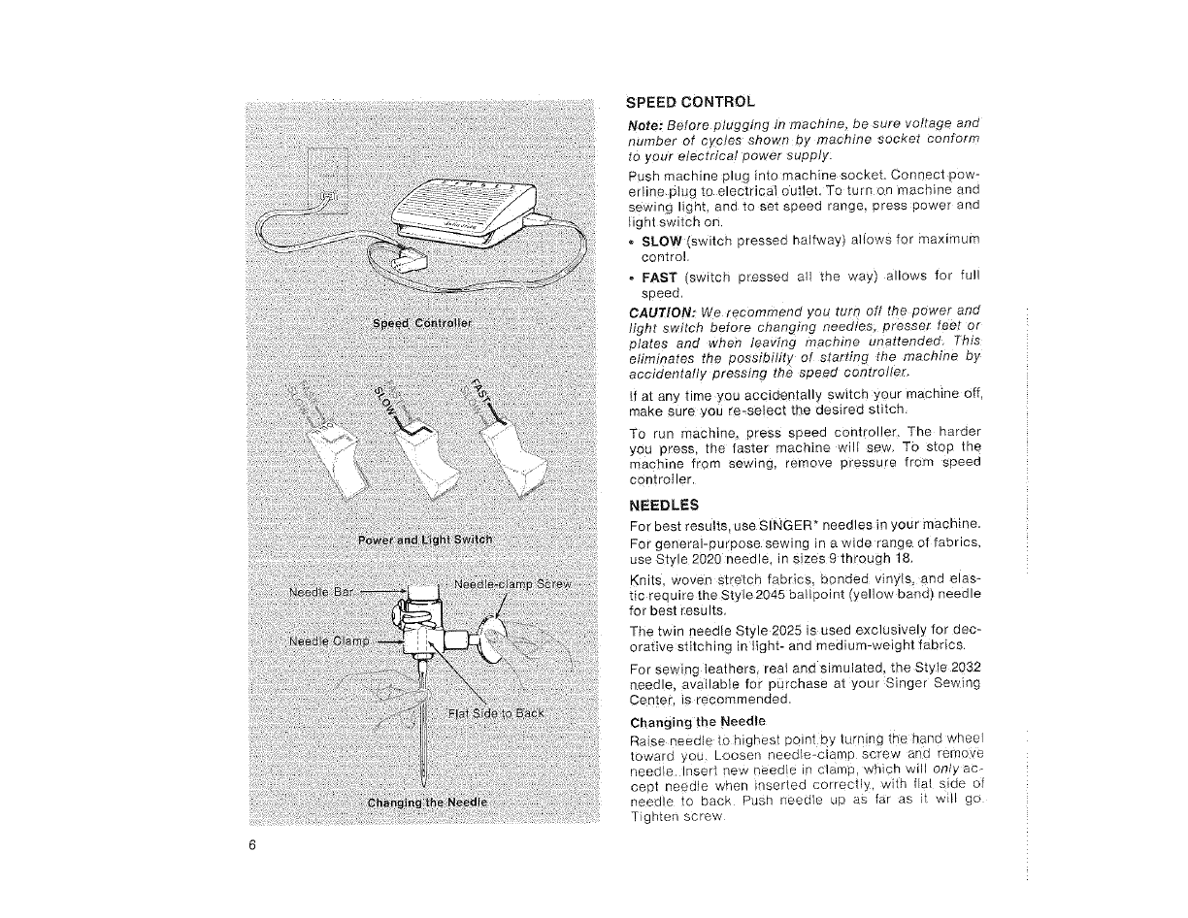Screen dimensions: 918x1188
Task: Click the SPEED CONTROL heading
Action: point(689,102)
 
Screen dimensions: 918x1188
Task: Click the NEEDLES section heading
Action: point(663,506)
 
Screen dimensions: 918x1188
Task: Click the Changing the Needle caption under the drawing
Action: point(427,803)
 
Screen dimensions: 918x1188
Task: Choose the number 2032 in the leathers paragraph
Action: point(962,670)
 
